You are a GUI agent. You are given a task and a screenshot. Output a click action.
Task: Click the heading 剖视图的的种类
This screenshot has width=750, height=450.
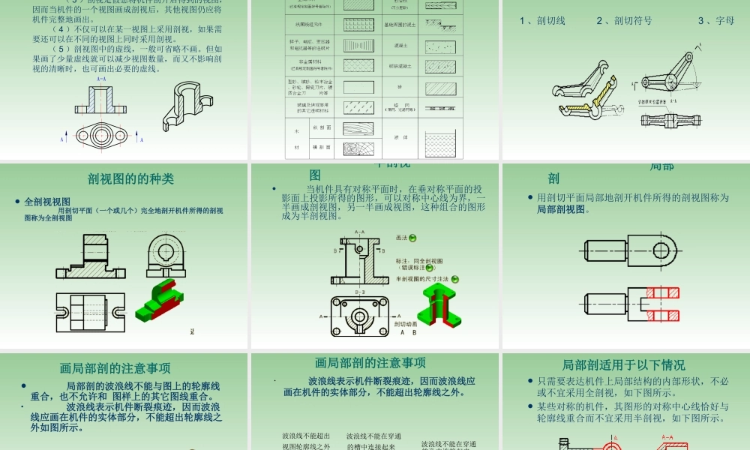(x=130, y=178)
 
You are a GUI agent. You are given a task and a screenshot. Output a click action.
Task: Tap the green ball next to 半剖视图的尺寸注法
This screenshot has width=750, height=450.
(x=455, y=279)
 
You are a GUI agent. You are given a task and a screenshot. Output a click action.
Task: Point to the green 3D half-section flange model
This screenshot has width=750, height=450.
(x=437, y=304)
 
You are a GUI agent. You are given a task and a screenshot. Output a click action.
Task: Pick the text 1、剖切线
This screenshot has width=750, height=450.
(x=542, y=21)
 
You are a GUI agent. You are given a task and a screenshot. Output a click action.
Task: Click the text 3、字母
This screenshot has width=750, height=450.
(x=715, y=21)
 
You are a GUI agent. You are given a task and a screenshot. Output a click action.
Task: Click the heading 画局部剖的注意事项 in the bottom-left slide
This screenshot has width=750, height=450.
(x=115, y=368)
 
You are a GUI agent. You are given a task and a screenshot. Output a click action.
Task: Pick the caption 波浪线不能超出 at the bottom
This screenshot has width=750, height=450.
(x=306, y=436)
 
